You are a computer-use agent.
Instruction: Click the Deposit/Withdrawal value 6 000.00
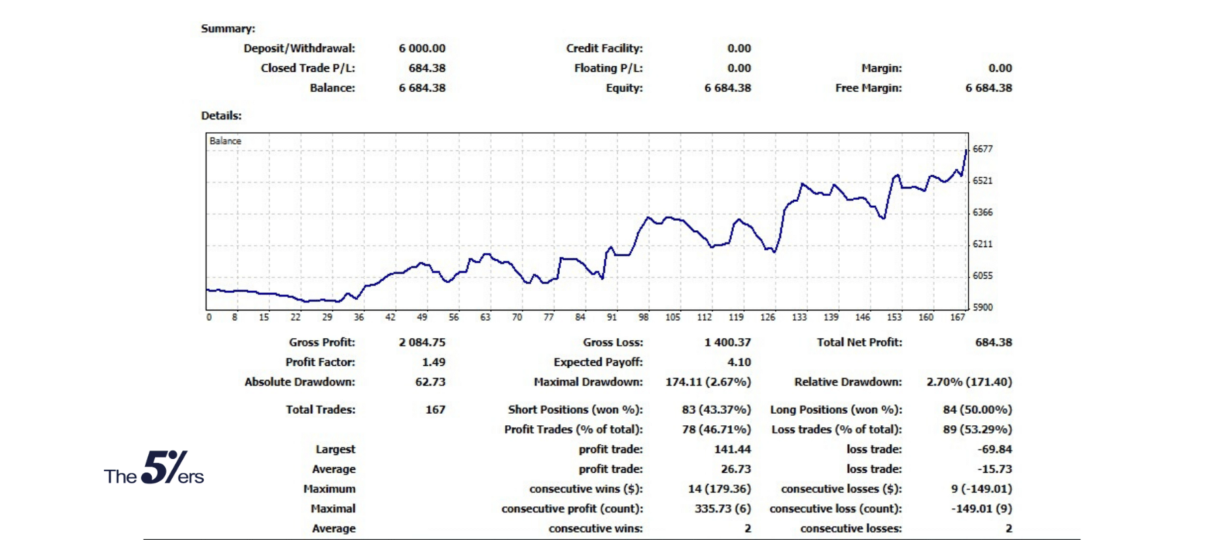422,49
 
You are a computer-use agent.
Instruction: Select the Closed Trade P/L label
308,68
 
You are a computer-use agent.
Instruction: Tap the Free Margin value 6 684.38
988,88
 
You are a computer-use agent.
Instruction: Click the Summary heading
228,29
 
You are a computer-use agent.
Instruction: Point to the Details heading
221,115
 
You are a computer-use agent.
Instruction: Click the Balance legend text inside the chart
225,141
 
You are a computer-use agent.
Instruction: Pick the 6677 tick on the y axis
983,149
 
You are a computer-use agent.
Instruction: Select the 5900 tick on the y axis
983,307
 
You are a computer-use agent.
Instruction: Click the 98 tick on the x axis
643,317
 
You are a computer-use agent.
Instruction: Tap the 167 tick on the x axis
958,317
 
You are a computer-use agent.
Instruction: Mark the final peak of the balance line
966,151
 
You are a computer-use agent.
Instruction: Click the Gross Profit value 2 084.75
422,343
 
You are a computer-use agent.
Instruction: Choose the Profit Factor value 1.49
434,362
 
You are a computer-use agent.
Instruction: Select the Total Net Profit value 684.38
993,343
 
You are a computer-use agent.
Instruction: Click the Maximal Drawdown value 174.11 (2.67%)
707,382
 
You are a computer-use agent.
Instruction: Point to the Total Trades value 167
435,410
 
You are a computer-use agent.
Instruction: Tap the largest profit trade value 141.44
732,450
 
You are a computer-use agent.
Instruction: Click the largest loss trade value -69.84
995,450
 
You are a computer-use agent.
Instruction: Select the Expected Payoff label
598,362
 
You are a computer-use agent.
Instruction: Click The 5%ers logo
154,468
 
